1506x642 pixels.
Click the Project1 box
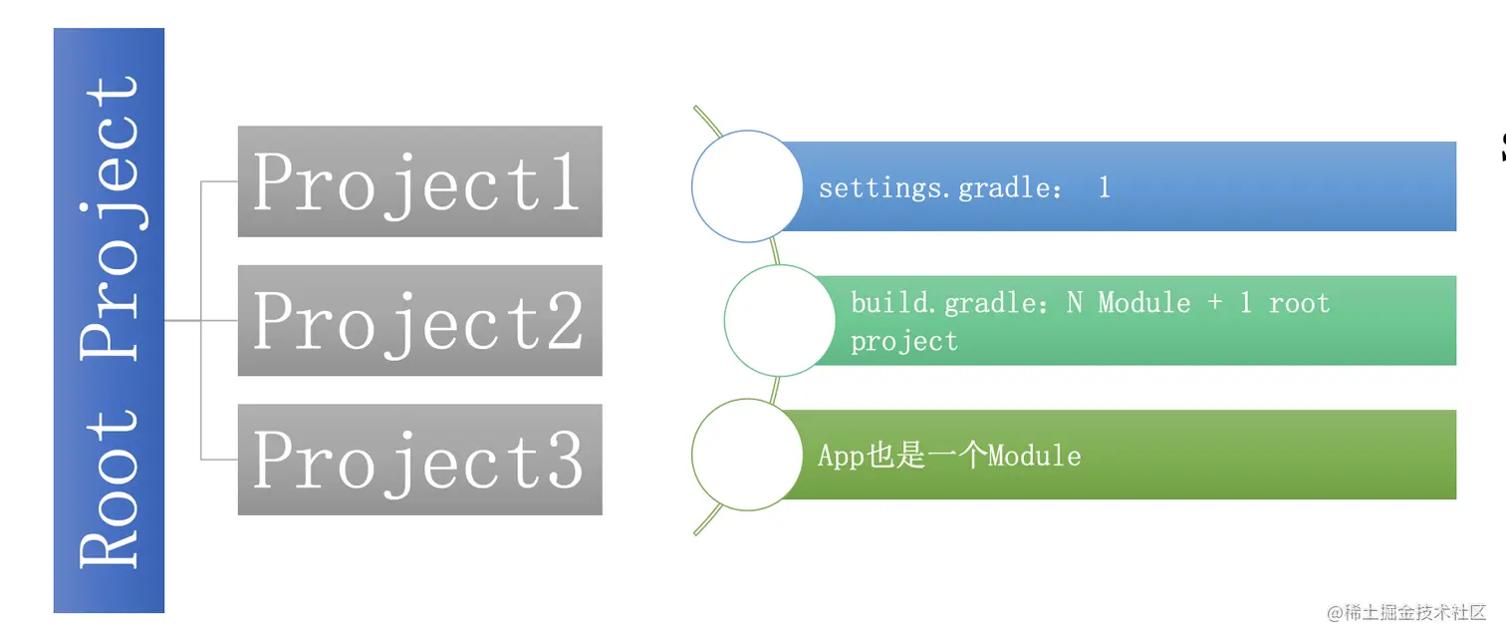click(419, 181)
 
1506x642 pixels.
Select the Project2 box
click(419, 321)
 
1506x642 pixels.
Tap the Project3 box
click(419, 460)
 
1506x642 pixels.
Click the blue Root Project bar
click(109, 320)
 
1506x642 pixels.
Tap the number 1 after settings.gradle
click(1104, 187)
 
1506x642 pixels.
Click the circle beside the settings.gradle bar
click(747, 186)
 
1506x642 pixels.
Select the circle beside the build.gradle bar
click(780, 321)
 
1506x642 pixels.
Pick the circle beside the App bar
click(747, 455)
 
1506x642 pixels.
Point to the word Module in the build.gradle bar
click(1144, 303)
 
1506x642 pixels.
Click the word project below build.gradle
click(903, 342)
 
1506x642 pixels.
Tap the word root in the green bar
click(1299, 303)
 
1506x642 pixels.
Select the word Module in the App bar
click(1034, 456)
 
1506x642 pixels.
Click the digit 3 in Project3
click(563, 460)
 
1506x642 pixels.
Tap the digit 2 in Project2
click(563, 321)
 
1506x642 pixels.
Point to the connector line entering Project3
click(219, 460)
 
